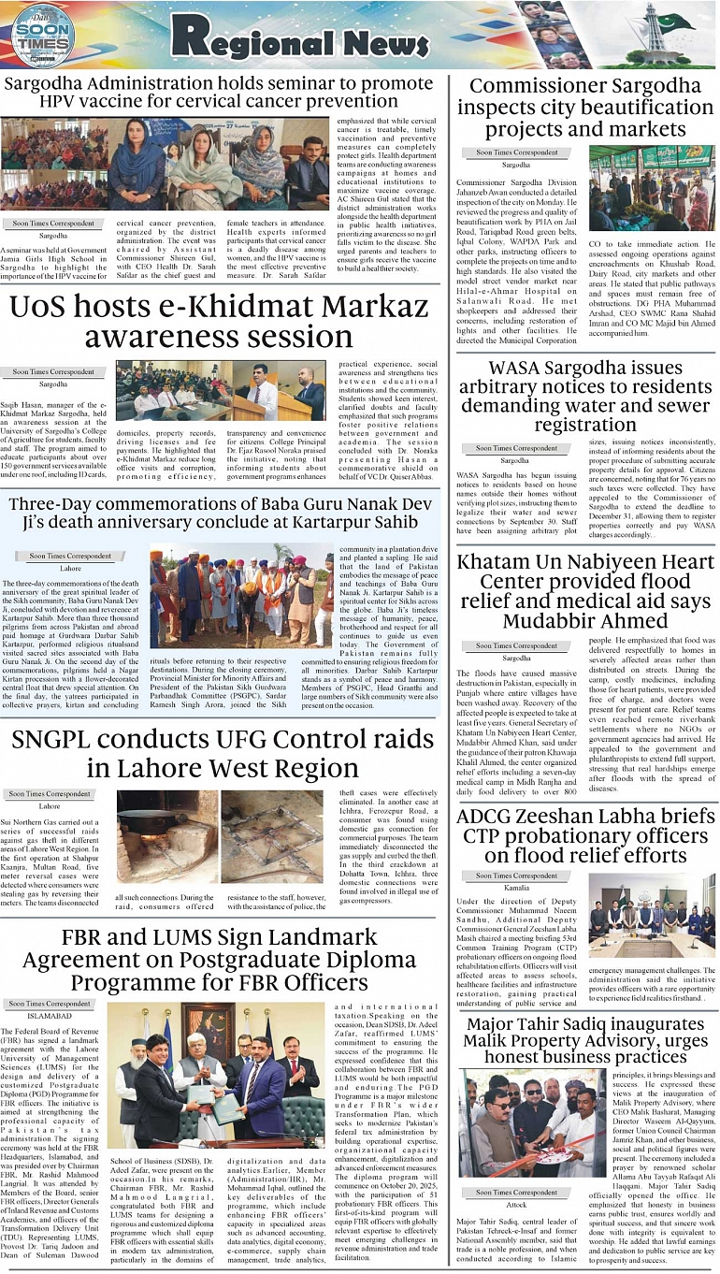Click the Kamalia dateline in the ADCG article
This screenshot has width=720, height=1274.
pyautogui.click(x=515, y=887)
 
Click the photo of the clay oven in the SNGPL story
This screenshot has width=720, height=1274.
pyautogui.click(x=166, y=836)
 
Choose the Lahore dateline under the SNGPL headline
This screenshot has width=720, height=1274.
pyautogui.click(x=50, y=805)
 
